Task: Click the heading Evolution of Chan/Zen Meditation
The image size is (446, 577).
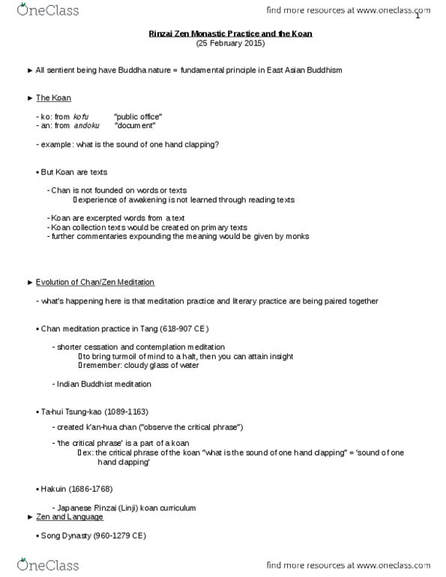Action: click(95, 282)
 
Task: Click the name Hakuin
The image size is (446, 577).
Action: click(53, 489)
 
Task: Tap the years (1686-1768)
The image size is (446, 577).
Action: click(88, 489)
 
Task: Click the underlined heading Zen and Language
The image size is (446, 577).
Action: click(71, 517)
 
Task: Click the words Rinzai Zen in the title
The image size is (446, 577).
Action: click(164, 34)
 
